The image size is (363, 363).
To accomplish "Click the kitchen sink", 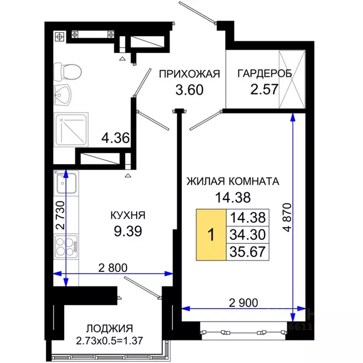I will (66, 183).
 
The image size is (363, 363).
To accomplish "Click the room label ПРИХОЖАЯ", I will (190, 73).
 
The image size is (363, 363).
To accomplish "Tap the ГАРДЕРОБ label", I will (264, 73).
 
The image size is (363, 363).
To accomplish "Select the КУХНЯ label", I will (127, 215).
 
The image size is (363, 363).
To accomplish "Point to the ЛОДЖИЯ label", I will (109, 328).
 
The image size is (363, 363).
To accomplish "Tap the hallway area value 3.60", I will (189, 89).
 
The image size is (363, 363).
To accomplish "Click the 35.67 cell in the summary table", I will (247, 251).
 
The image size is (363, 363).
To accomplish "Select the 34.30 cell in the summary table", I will (247, 234).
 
